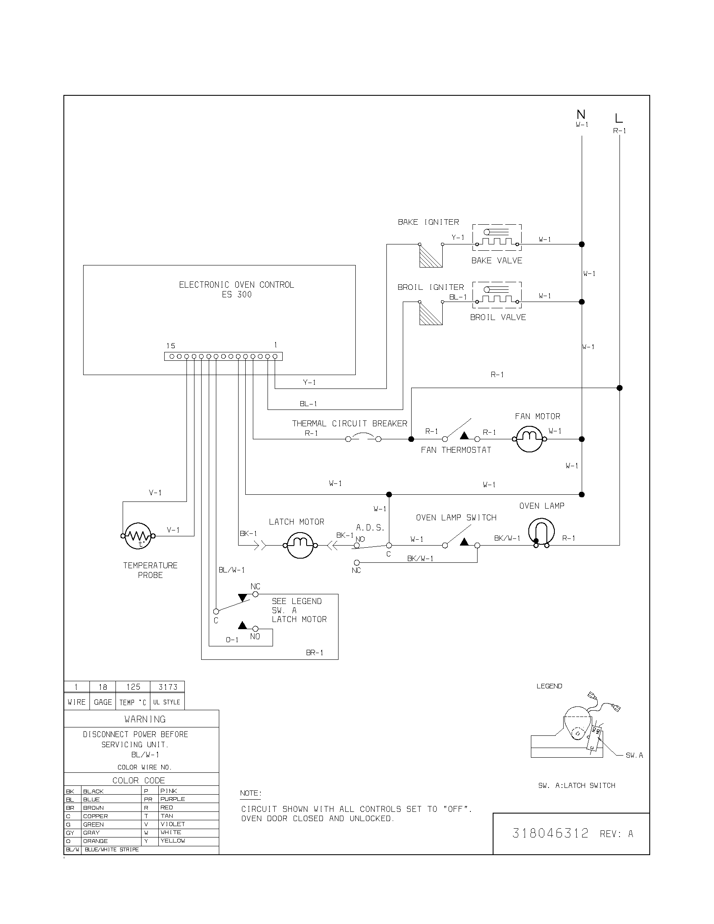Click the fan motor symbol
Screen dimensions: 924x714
529,439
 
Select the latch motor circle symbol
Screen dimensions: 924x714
300,545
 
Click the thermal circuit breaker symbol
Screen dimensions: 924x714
363,438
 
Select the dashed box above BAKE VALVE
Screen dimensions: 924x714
496,239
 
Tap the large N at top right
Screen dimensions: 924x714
581,114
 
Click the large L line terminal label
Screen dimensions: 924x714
619,118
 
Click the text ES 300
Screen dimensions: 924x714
236,294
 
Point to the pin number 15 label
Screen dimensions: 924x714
171,346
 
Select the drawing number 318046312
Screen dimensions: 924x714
550,833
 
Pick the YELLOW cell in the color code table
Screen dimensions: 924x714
173,841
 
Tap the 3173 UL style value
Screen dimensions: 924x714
168,687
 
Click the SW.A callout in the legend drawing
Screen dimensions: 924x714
634,755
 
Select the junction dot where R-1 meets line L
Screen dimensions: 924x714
619,388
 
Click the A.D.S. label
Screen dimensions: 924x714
370,528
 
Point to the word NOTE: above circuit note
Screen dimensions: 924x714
250,793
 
